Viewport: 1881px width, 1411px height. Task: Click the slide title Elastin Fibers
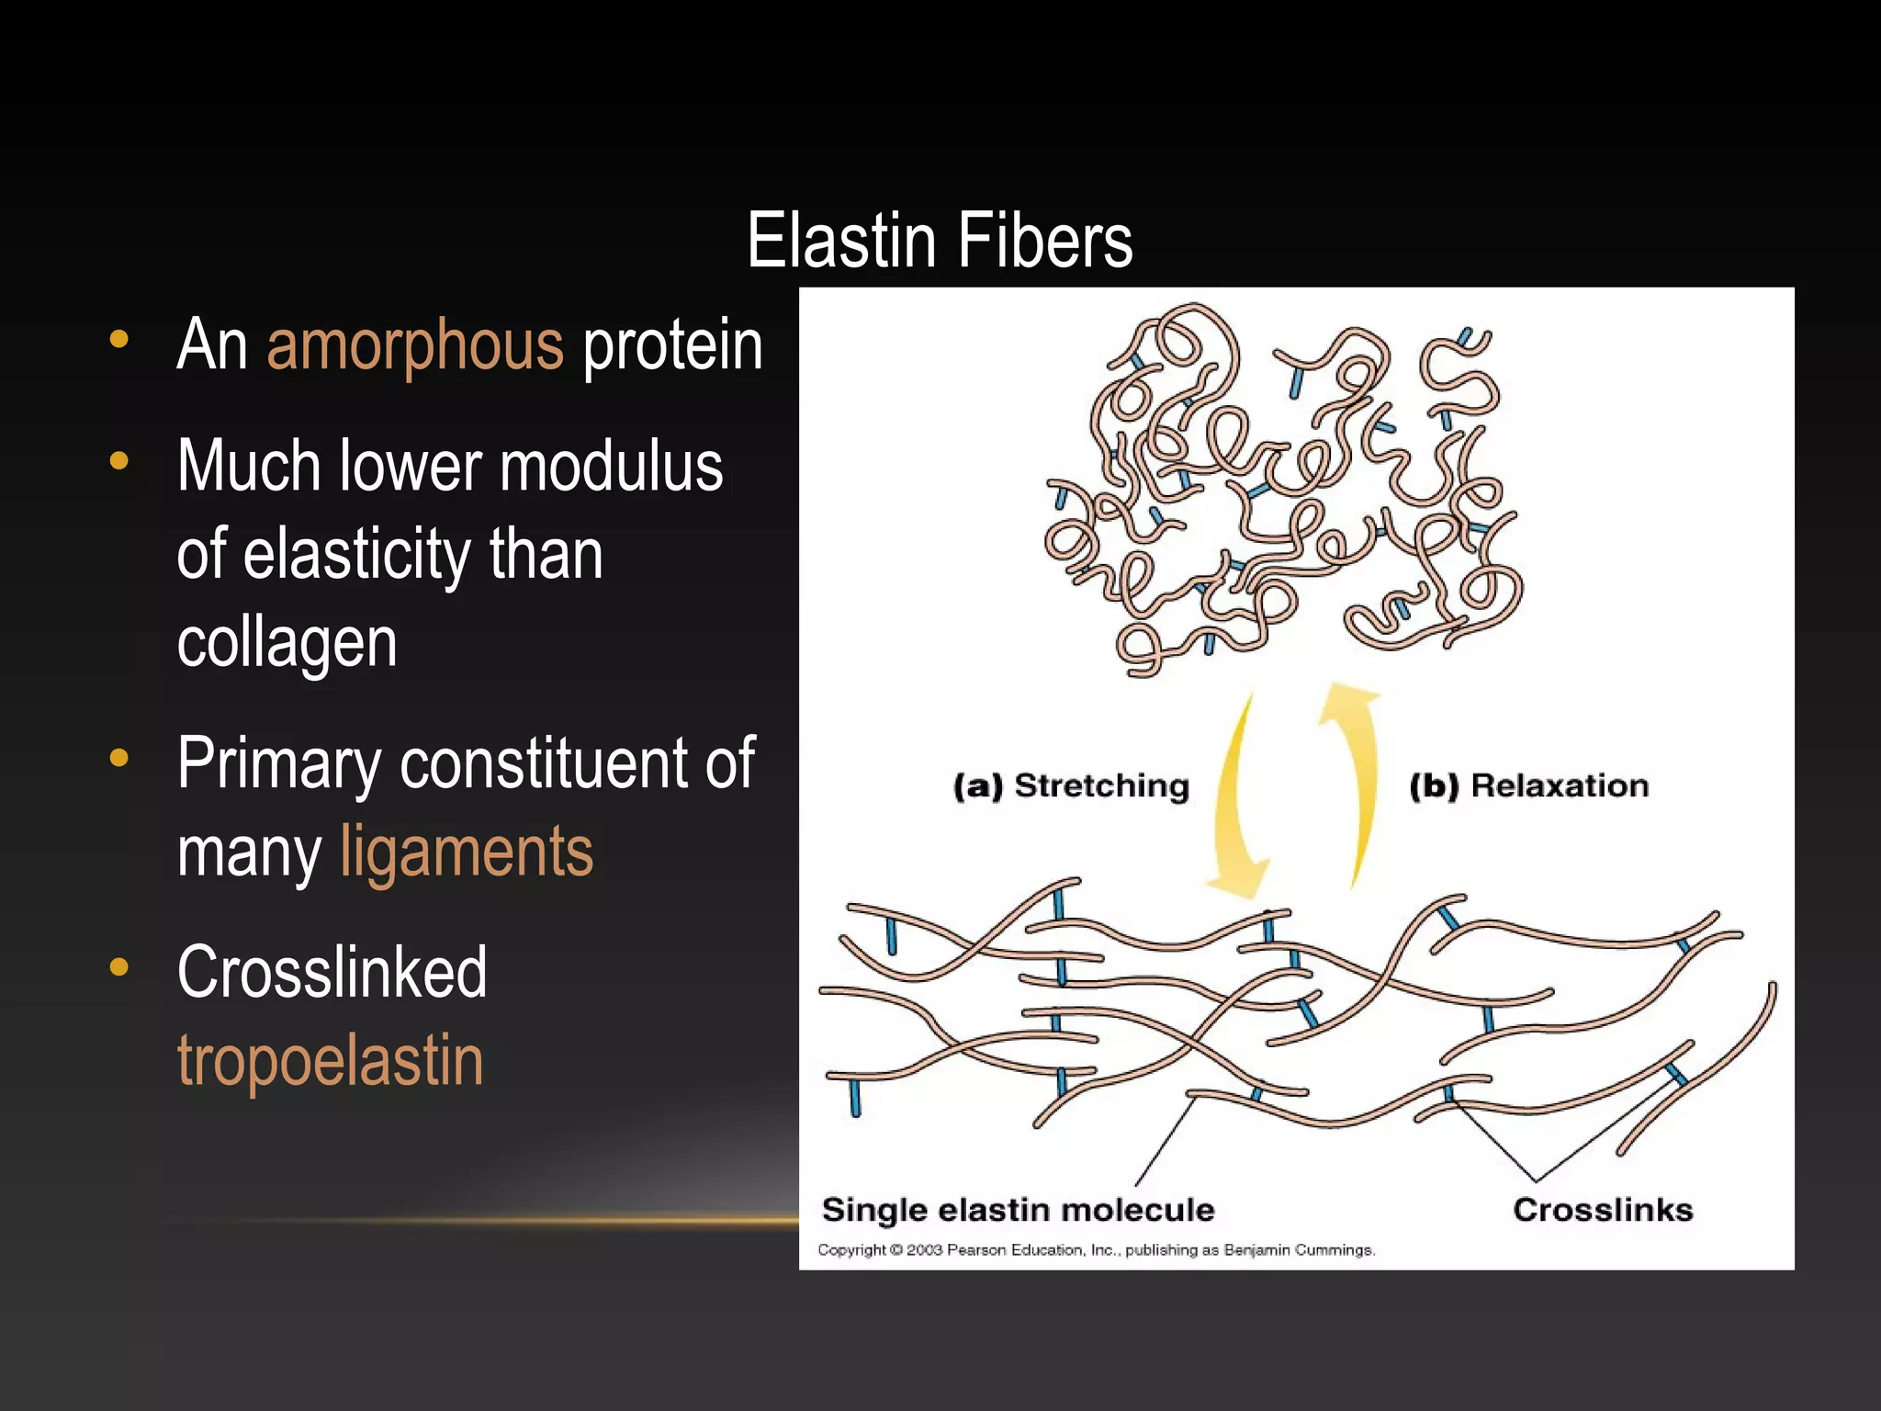pyautogui.click(x=940, y=241)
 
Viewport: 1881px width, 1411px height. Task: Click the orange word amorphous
pyautogui.click(x=415, y=345)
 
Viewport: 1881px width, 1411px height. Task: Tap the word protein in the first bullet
pyautogui.click(x=672, y=346)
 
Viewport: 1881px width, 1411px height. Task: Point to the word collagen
pyautogui.click(x=287, y=642)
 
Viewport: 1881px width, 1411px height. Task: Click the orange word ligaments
pyautogui.click(x=467, y=852)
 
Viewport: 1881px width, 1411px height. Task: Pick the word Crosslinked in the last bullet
pyautogui.click(x=332, y=972)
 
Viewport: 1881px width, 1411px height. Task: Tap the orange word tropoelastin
pyautogui.click(x=330, y=1061)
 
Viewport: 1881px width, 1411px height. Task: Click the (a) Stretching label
pyautogui.click(x=1071, y=786)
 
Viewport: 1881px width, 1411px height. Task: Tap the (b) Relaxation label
pyautogui.click(x=1529, y=786)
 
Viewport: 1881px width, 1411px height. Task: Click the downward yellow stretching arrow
pyautogui.click(x=1238, y=799)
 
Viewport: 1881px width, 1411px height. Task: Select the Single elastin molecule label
pyautogui.click(x=1018, y=1210)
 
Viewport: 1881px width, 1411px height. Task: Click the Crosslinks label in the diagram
pyautogui.click(x=1603, y=1210)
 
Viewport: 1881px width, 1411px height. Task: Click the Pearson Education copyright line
pyautogui.click(x=1096, y=1250)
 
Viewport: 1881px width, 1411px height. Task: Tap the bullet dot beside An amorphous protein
pyautogui.click(x=118, y=339)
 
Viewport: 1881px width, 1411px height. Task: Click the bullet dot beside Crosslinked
pyautogui.click(x=118, y=966)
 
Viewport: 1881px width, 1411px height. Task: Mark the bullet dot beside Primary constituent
pyautogui.click(x=118, y=758)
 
